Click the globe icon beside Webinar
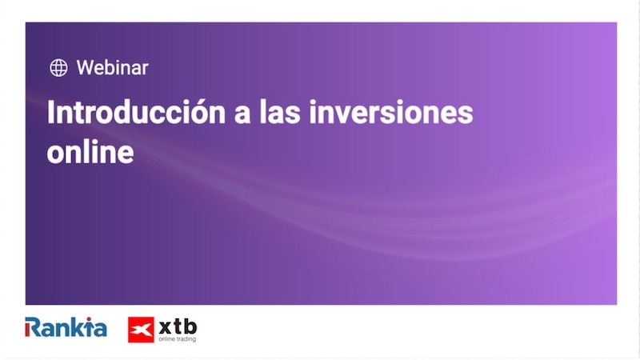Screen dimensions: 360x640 point(58,68)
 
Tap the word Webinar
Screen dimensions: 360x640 point(112,68)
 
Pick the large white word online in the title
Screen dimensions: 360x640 point(90,151)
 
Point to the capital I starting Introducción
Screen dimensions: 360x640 point(51,112)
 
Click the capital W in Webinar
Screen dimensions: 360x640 point(85,68)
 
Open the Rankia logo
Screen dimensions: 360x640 point(66,327)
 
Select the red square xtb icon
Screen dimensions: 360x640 point(141,330)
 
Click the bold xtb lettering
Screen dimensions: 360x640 point(178,326)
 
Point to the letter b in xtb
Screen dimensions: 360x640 point(190,325)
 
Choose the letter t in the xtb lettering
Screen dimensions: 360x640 point(178,326)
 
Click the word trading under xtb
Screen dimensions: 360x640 point(186,339)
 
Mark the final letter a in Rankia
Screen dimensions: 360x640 point(99,329)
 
